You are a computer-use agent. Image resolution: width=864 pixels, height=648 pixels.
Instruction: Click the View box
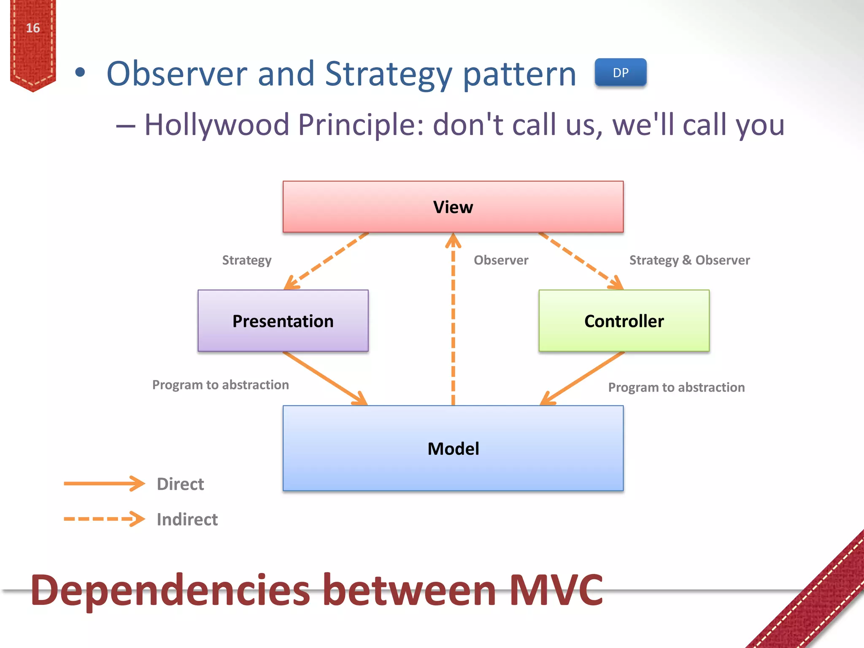453,207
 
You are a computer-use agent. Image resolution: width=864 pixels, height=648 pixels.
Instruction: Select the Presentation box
283,321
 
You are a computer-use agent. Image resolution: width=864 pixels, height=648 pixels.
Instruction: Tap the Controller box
624,321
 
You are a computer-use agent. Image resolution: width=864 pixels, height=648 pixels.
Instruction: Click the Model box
453,448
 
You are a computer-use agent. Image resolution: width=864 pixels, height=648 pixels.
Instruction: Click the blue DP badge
620,73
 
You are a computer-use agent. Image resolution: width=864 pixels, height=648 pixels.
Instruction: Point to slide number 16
33,28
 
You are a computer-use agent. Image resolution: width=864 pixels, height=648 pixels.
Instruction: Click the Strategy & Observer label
689,260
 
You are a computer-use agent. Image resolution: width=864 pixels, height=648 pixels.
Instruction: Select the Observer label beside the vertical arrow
501,260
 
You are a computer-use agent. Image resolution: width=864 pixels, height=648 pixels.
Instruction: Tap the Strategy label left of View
247,260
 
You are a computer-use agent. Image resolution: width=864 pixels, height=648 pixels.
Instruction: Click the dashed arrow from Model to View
453,321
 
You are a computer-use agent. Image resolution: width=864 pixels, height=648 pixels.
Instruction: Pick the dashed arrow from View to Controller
580,261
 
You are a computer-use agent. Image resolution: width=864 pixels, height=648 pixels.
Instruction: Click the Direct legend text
180,484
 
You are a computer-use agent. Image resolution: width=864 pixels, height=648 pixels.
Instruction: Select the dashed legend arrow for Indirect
103,519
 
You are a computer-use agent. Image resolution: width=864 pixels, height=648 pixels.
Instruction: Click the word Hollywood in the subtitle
217,125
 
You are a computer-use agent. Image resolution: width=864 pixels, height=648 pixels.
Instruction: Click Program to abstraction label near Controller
676,387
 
